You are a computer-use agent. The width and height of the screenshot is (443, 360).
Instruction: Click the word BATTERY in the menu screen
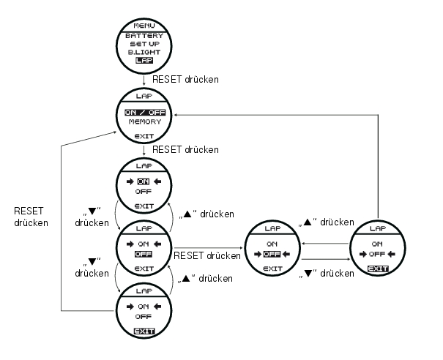[x=144, y=35]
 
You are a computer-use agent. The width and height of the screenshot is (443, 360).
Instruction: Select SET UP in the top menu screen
[x=144, y=44]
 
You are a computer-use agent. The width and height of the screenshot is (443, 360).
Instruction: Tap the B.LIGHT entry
[x=144, y=52]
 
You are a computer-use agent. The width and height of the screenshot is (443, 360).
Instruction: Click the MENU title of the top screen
[x=144, y=25]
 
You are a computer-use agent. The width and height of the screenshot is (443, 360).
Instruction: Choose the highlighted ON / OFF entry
[x=144, y=112]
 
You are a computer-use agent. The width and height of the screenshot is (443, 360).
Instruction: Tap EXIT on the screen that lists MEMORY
[x=144, y=136]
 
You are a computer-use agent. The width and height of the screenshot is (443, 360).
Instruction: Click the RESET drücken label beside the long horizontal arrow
[x=206, y=256]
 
